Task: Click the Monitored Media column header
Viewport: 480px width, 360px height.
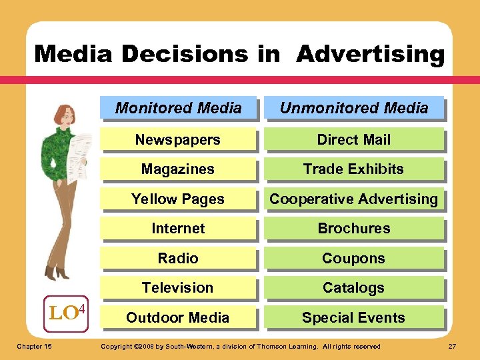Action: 178,108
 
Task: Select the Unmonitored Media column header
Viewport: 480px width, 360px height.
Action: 354,108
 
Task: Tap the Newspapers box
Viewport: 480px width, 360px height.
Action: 178,139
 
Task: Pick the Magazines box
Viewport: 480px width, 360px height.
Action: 178,169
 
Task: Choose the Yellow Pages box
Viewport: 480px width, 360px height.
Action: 178,199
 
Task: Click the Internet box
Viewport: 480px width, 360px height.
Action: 178,228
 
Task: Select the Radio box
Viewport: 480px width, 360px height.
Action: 178,258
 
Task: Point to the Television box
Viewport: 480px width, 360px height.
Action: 178,287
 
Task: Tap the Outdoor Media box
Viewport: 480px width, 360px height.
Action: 178,317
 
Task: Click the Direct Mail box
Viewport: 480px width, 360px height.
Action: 354,139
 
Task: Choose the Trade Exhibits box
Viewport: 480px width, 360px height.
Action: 354,169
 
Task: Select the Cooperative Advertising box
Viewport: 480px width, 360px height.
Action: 354,199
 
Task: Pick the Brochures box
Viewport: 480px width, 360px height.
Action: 354,228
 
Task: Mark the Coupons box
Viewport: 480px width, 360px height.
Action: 354,258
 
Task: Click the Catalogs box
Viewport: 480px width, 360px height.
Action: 354,287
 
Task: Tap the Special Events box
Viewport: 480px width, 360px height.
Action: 354,317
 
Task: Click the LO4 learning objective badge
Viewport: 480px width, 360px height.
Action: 68,312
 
